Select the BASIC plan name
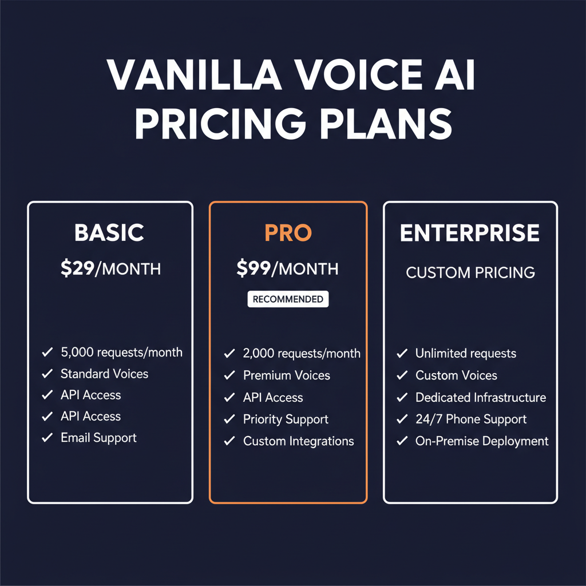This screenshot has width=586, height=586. [109, 233]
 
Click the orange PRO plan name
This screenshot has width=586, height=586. [288, 233]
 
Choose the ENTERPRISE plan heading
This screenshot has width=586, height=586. [470, 233]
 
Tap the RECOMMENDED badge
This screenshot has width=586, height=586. [288, 299]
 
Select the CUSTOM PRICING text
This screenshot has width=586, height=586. [470, 272]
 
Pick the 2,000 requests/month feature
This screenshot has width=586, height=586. [302, 354]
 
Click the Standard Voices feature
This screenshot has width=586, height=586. [104, 374]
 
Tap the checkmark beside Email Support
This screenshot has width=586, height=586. [47, 438]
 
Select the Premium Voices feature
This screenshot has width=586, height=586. [286, 375]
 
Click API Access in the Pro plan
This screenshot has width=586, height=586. [273, 398]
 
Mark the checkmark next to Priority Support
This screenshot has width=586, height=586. [229, 420]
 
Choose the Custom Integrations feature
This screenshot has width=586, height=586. [298, 441]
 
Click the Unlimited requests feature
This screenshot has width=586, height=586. [465, 354]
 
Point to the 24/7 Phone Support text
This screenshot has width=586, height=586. [470, 419]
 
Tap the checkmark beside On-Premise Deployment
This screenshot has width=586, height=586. [402, 442]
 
